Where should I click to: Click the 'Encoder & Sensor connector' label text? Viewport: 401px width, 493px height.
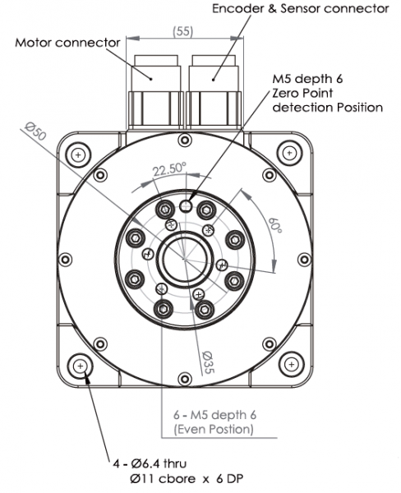pos(300,9)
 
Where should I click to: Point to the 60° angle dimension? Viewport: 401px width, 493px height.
pos(274,221)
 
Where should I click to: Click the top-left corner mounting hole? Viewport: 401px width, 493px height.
pos(79,154)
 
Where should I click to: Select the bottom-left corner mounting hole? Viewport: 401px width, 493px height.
pos(80,366)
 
